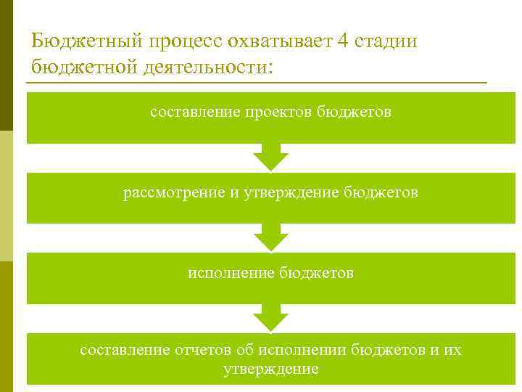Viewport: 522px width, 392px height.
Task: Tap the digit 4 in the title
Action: [x=341, y=41]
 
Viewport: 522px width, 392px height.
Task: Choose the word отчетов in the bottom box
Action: [x=204, y=351]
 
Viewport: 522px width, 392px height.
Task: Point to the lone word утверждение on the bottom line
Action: [x=270, y=369]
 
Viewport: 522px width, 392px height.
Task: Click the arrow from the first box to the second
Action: [x=270, y=157]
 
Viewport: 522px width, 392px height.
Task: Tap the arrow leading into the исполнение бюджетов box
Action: [x=270, y=237]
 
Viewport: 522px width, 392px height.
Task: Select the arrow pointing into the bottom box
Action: [x=270, y=318]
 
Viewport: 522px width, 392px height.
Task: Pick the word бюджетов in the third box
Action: [x=320, y=274]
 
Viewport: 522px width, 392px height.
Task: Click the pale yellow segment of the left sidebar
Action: [x=7, y=196]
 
